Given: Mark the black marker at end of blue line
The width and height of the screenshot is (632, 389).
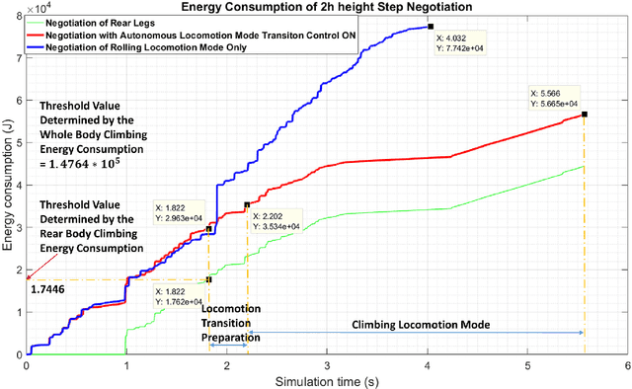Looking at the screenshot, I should tap(429, 27).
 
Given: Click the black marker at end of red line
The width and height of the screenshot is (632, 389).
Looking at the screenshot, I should tap(584, 115).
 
